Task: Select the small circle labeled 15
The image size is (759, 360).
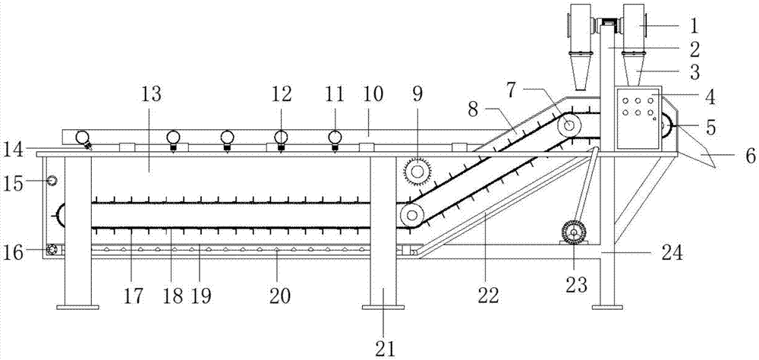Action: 52,181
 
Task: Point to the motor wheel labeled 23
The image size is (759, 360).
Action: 574,233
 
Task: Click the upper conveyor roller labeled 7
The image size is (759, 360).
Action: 569,125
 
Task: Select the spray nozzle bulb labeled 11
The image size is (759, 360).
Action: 335,141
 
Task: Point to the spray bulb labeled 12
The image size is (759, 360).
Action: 281,141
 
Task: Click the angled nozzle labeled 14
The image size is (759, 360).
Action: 84,141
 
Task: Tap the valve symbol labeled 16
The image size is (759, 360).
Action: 52,250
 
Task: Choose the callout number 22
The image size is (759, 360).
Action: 487,295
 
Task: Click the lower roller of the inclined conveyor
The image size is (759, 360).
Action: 411,215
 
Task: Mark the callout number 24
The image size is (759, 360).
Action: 670,253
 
